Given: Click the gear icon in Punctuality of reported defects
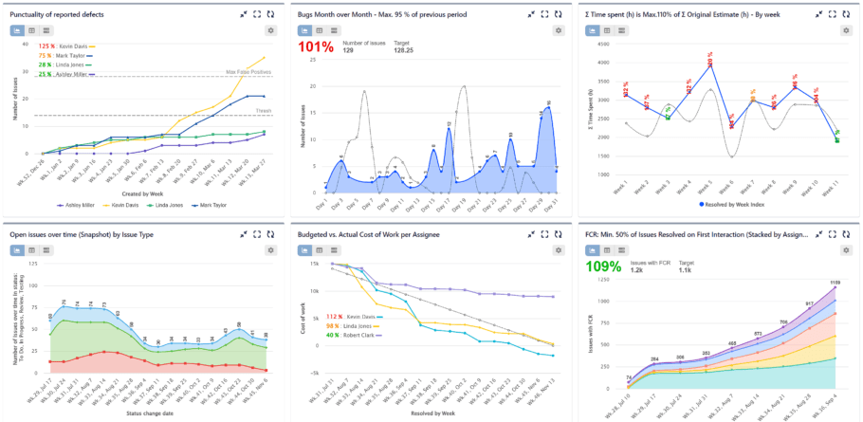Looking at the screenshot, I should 271,30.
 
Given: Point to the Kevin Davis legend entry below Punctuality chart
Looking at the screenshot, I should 119,204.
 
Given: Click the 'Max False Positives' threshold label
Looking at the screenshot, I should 248,72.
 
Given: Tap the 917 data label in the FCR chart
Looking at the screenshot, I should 783,303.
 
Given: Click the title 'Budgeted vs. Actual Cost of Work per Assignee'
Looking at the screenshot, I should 378,233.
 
